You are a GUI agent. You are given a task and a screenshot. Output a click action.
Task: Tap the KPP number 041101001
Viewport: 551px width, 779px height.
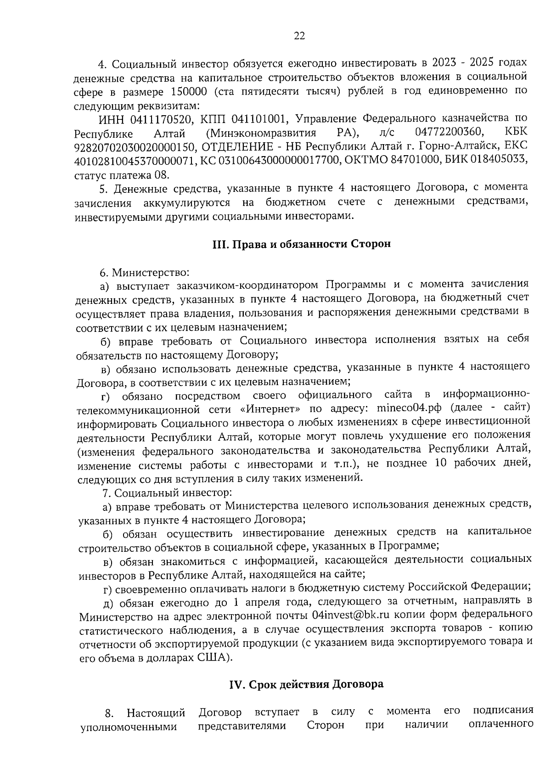point(259,120)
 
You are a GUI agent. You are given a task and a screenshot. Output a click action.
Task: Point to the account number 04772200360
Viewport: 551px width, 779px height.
point(450,133)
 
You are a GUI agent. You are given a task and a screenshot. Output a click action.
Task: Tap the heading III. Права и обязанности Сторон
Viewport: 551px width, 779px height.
point(301,244)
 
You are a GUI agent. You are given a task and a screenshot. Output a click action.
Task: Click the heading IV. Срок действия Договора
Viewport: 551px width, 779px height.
point(306,684)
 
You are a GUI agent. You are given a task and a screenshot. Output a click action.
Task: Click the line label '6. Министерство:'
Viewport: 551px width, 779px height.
point(145,273)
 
